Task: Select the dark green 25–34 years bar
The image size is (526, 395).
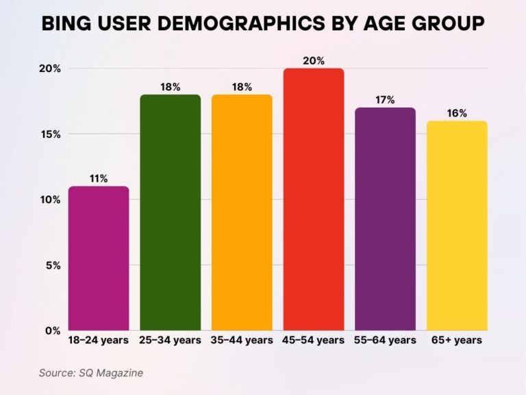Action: point(170,212)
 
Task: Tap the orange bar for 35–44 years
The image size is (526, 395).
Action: point(242,212)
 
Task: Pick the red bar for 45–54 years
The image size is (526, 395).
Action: point(313,199)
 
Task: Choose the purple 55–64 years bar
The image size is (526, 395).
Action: point(385,219)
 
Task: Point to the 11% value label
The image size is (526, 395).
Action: point(98,179)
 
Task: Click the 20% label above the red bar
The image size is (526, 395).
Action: point(313,61)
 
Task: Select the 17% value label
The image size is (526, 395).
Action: point(385,100)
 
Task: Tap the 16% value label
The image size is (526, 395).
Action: point(457,113)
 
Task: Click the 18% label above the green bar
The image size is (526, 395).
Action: point(170,87)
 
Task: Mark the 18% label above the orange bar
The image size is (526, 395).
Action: point(242,87)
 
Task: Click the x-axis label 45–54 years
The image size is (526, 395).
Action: point(313,340)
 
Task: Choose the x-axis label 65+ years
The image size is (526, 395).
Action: point(457,340)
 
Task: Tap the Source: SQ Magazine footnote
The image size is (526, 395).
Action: point(90,372)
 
